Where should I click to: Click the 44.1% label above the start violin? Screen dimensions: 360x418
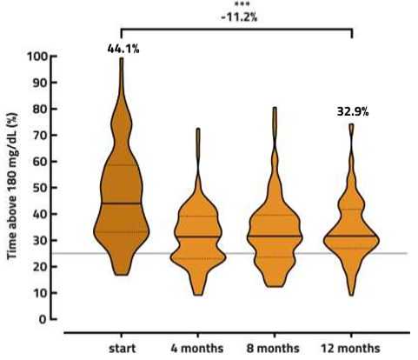click(x=123, y=49)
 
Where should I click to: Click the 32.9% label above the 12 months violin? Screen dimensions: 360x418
click(x=353, y=112)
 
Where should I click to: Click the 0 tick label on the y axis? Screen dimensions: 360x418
click(x=42, y=319)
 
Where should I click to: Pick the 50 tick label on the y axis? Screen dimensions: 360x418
click(x=39, y=188)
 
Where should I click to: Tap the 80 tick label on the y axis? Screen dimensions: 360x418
click(x=39, y=110)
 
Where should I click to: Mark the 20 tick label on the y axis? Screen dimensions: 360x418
click(x=39, y=267)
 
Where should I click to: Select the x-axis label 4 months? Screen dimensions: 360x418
click(x=197, y=348)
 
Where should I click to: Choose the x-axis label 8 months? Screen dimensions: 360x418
click(x=275, y=348)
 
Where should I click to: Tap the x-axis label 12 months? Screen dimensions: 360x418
click(x=352, y=348)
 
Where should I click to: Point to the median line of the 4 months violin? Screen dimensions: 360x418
click(x=197, y=237)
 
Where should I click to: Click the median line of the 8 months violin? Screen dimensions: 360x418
click(x=275, y=236)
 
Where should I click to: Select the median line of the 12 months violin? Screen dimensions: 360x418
click(x=352, y=236)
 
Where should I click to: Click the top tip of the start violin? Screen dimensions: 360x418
click(x=122, y=59)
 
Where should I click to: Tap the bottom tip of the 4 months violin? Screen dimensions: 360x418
click(x=198, y=294)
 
